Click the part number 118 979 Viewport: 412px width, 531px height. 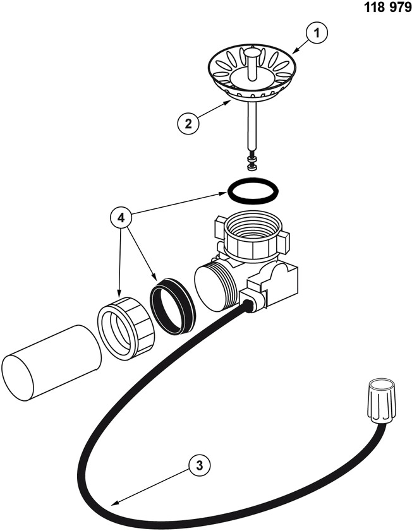(x=387, y=7)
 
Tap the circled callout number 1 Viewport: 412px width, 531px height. (x=317, y=33)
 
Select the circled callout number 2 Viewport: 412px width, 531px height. (x=188, y=123)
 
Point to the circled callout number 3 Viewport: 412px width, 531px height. (x=200, y=465)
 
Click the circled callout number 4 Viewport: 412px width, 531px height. (x=121, y=218)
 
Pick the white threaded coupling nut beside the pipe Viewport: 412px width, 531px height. (x=126, y=327)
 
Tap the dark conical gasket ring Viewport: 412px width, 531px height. (x=173, y=306)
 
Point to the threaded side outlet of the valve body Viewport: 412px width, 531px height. (x=214, y=287)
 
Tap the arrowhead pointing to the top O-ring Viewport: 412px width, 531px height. (x=223, y=194)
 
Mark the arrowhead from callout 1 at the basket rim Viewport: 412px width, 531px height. (x=294, y=51)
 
